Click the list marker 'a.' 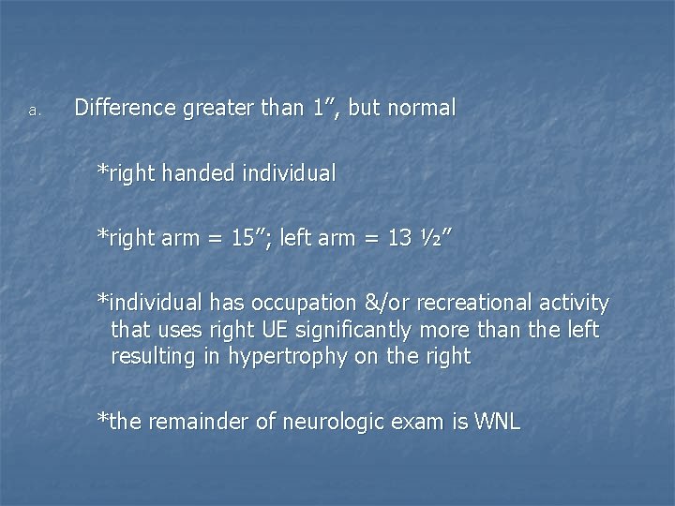click(34, 111)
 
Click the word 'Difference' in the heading click(125, 108)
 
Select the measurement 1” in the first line click(326, 108)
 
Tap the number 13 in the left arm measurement click(399, 238)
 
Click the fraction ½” click(436, 238)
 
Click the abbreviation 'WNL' click(498, 422)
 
